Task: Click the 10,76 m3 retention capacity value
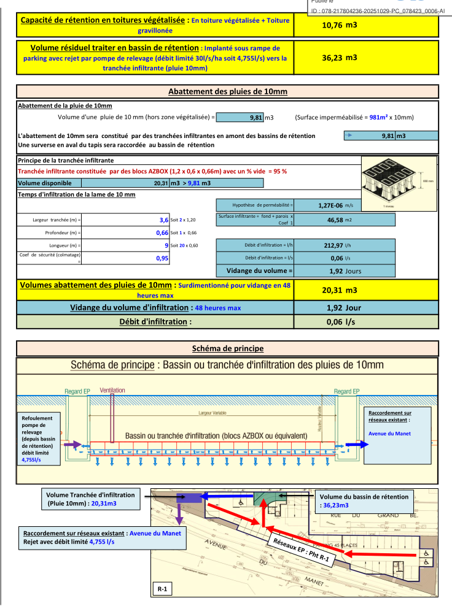click(339, 26)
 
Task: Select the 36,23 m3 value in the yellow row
click(339, 57)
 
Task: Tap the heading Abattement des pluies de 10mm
click(228, 92)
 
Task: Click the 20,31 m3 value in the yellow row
click(339, 290)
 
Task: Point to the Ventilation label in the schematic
click(112, 389)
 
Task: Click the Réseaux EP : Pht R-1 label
click(303, 547)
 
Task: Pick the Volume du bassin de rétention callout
click(365, 501)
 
